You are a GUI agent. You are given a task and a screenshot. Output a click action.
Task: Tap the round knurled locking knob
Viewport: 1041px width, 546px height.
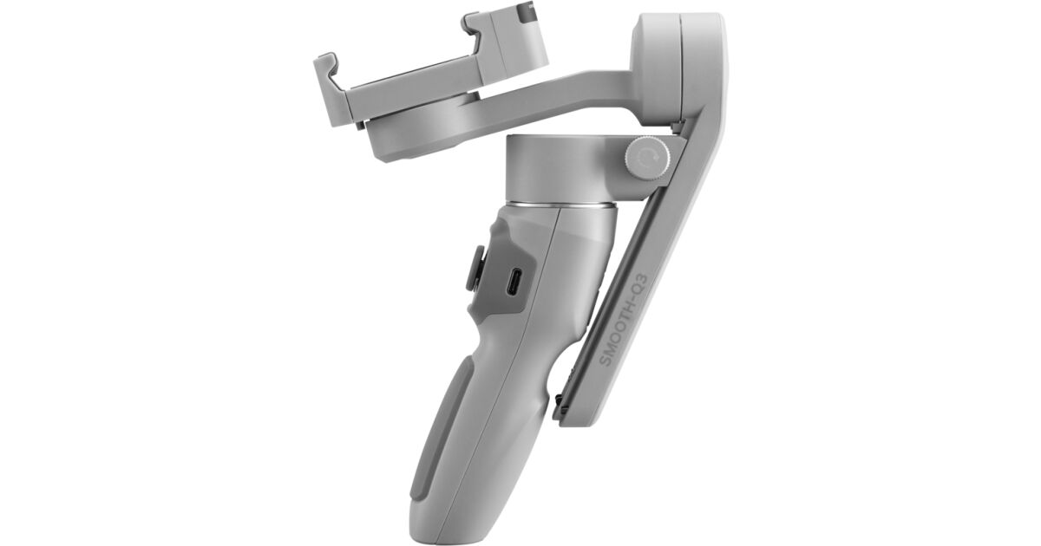[648, 159]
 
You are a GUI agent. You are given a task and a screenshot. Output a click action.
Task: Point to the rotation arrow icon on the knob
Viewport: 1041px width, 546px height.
[646, 158]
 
